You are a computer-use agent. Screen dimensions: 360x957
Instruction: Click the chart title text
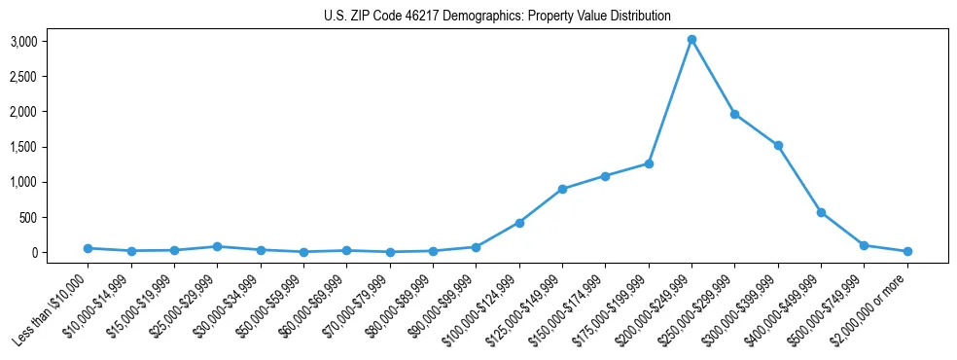click(x=497, y=17)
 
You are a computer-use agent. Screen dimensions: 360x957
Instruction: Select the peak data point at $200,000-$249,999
click(x=691, y=40)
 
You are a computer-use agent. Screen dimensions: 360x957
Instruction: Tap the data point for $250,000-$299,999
click(x=734, y=114)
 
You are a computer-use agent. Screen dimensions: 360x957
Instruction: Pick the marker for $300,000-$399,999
click(x=778, y=146)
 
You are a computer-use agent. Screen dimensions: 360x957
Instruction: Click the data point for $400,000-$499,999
click(x=821, y=212)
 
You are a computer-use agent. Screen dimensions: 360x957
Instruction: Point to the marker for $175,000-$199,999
click(x=649, y=163)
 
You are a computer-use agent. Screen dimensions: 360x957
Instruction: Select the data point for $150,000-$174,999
click(x=605, y=176)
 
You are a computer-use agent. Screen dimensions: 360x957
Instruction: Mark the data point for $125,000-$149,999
click(x=562, y=189)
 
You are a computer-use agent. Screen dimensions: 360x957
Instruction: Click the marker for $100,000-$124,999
click(x=519, y=223)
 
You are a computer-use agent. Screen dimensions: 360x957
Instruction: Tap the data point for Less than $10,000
click(x=89, y=248)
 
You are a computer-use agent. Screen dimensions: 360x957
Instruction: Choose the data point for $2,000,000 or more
click(x=907, y=251)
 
